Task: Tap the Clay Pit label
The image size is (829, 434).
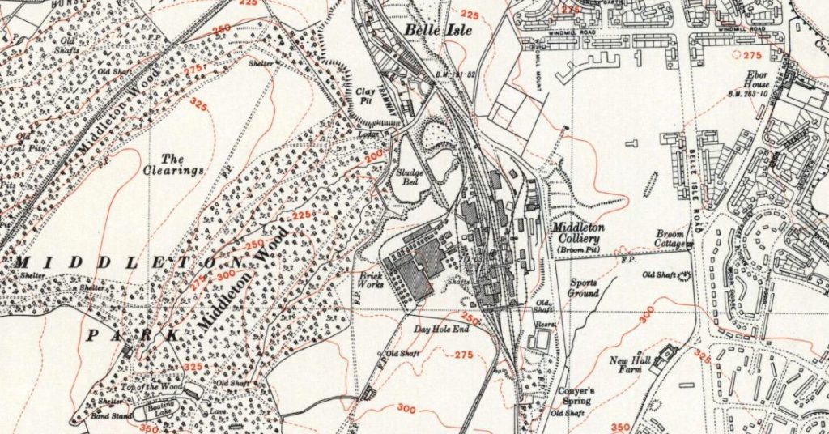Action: point(366,96)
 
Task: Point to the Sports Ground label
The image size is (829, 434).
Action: point(583,288)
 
